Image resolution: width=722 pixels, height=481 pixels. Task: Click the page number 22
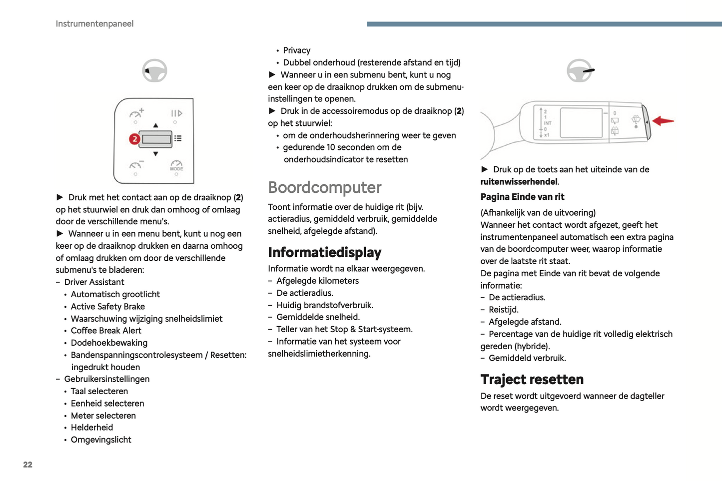point(27,465)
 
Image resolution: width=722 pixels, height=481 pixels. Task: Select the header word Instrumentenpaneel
point(94,24)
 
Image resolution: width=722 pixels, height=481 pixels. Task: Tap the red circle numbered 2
point(134,139)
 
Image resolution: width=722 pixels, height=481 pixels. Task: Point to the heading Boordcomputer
point(324,187)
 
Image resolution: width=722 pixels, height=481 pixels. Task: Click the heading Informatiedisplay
point(324,252)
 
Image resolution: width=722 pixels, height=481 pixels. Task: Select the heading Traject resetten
point(532,380)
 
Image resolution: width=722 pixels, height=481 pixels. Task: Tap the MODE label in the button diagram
point(176,169)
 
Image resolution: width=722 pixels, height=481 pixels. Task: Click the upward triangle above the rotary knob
point(155,125)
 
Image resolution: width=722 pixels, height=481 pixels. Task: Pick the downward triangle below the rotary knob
point(155,154)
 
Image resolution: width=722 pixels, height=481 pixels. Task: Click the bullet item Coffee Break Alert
point(106,331)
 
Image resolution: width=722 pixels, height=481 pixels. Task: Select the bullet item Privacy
point(296,50)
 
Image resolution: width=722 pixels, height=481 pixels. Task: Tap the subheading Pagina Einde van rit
point(522,197)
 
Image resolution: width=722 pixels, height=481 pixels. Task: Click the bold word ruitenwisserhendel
point(519,182)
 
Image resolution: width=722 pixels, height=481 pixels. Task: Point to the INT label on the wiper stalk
point(548,123)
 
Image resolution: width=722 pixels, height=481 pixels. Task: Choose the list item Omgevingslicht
point(101,440)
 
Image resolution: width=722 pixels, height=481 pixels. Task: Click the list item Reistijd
point(503,310)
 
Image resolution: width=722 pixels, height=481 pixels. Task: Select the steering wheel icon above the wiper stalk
point(580,70)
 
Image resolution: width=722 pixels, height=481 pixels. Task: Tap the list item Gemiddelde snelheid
point(318,317)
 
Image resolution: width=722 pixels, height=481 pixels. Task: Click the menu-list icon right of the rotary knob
point(178,138)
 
